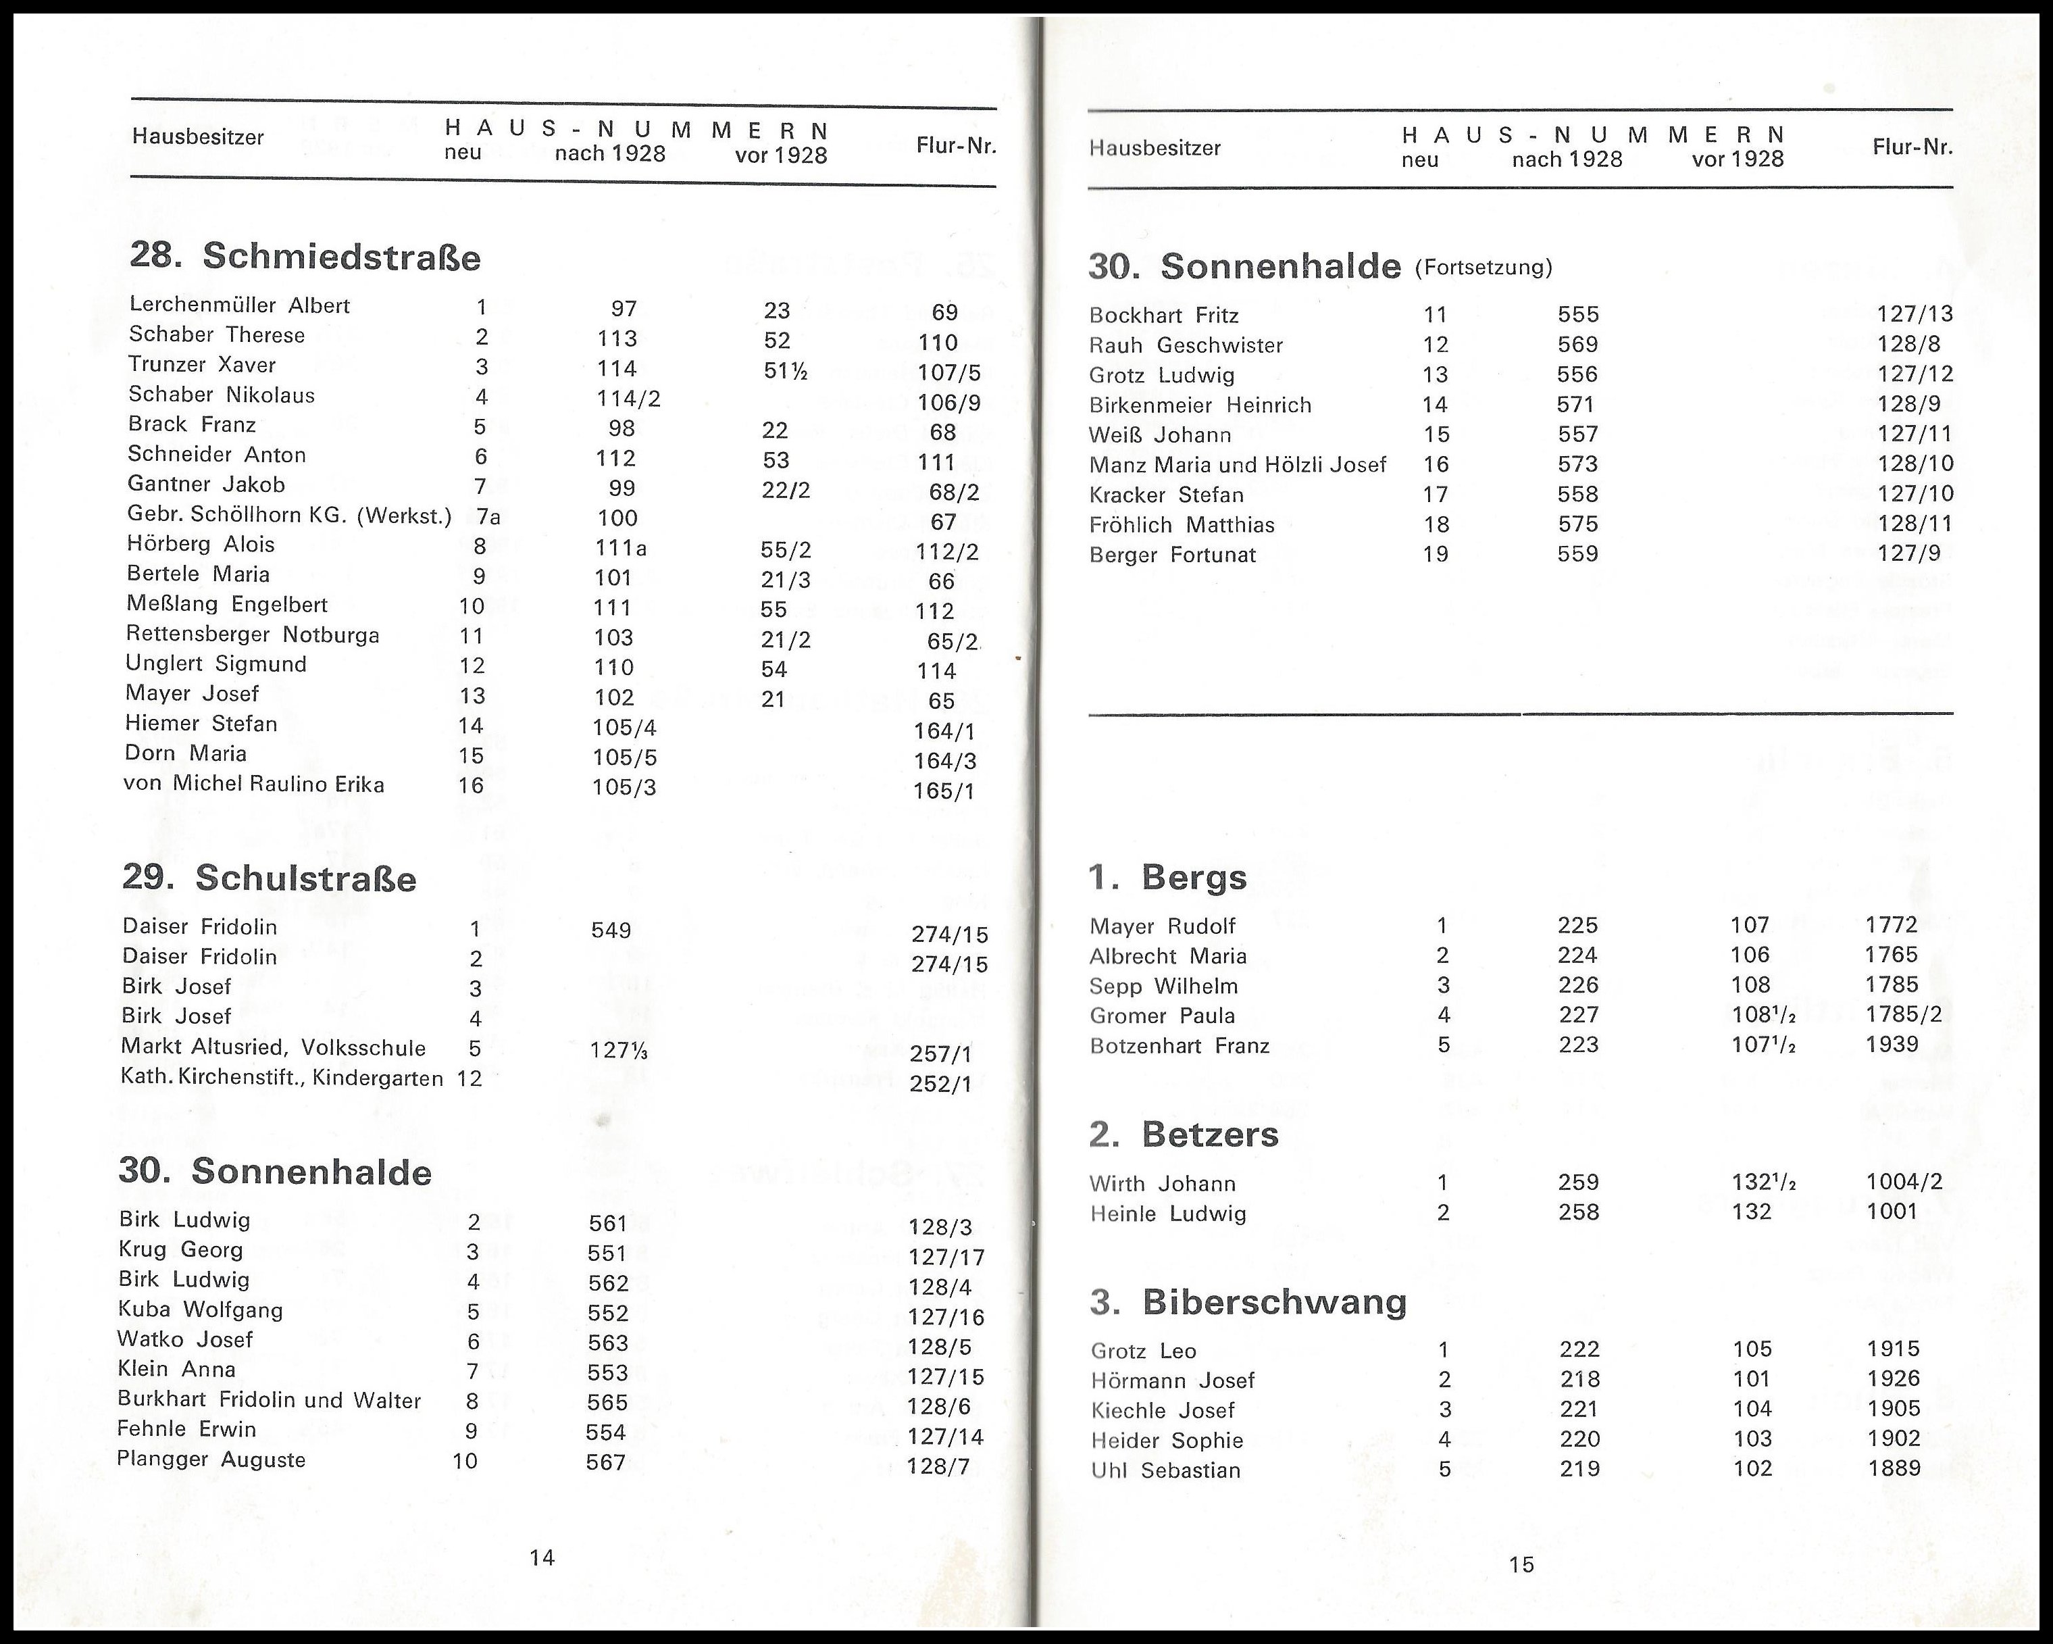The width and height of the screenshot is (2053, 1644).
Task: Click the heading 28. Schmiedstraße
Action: tap(305, 257)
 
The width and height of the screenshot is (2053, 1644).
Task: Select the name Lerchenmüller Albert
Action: tap(239, 305)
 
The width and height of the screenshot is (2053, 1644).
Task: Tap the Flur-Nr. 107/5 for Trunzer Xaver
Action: tap(948, 372)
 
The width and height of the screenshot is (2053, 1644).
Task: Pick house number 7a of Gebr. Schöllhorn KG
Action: tap(488, 517)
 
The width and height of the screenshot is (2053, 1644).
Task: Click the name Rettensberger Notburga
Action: tap(253, 635)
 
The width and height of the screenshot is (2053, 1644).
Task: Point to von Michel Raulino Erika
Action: tap(253, 785)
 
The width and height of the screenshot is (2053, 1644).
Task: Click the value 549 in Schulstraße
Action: tap(611, 930)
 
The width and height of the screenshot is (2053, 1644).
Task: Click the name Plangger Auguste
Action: tap(211, 1460)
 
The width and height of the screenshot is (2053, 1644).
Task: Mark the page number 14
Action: tap(542, 1558)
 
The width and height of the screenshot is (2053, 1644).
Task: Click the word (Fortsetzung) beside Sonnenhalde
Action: tap(1484, 268)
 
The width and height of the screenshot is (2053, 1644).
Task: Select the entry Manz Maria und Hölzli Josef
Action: tap(1237, 465)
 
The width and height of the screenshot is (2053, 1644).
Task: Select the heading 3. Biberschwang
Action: tap(1248, 1302)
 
